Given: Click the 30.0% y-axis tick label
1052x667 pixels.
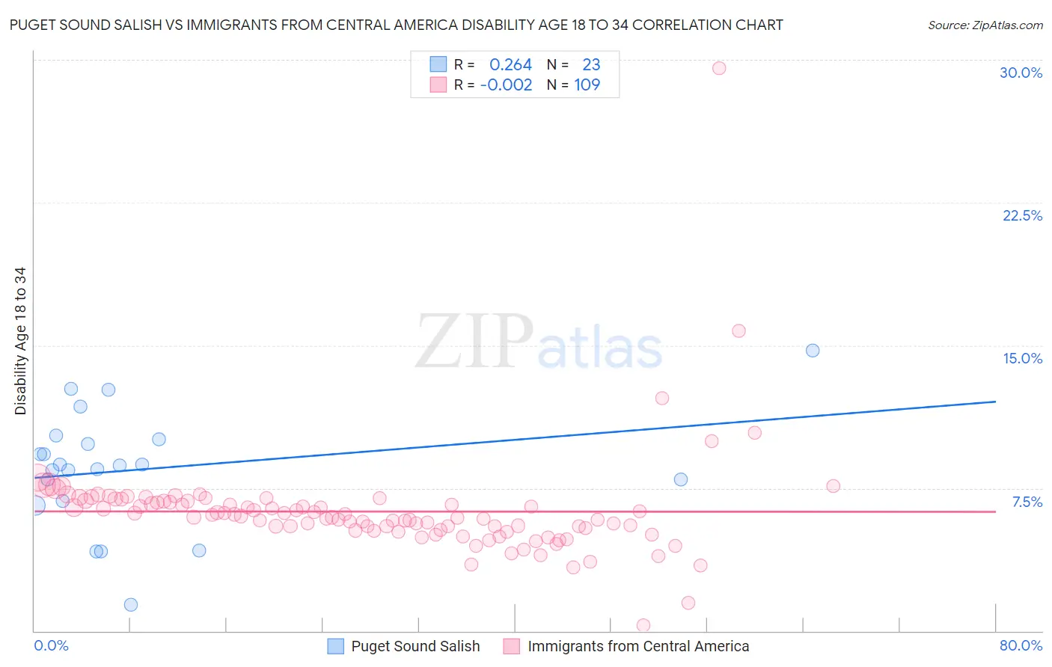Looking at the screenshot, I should point(1021,73).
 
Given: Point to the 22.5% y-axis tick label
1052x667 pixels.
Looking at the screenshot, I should point(1022,215).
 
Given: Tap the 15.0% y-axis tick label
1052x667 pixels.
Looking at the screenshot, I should point(1022,358).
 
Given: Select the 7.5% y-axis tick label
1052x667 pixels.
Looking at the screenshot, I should point(1027,502).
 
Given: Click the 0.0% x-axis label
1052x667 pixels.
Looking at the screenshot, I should point(51,645).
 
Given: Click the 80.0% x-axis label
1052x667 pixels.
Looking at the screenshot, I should point(1021,645).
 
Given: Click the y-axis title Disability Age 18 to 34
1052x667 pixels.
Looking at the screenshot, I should point(20,341).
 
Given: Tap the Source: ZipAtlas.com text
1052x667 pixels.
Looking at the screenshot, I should point(985,25).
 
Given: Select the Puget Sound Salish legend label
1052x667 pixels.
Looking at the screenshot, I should point(415,646).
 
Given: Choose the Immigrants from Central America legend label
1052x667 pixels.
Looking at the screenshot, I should point(637,646).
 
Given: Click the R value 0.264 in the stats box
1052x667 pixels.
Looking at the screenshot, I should point(510,64).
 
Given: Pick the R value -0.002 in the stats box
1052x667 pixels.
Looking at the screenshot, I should point(507,84).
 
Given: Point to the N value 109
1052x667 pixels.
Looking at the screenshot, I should point(587,84).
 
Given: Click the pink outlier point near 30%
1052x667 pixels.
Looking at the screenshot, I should point(719,68).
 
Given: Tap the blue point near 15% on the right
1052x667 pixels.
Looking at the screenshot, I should point(813,351).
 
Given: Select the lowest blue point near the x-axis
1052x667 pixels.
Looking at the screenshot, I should point(131,605).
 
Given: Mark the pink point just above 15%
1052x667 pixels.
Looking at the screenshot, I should point(738,331).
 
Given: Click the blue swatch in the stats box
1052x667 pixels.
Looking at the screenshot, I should point(438,64).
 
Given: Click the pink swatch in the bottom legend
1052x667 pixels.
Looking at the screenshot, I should point(511,646).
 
